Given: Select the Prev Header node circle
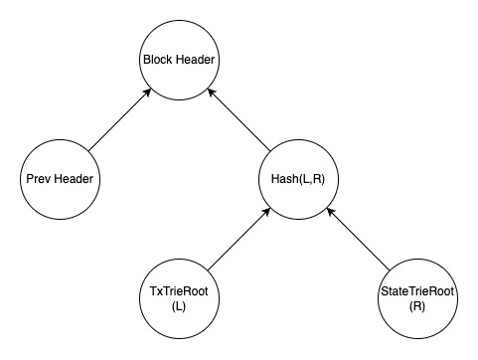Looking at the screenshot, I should [x=60, y=181].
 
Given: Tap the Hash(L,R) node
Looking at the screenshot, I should [x=298, y=181].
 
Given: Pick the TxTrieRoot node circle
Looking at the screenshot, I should [x=179, y=300].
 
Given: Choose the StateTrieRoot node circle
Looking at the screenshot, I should [x=417, y=300].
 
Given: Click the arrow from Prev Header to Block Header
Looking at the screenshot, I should [x=119, y=121].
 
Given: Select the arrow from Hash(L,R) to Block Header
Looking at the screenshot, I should [x=239, y=121].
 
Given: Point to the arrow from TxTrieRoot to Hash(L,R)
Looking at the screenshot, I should [x=239, y=241].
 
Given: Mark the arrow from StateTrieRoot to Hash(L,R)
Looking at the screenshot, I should [x=358, y=241].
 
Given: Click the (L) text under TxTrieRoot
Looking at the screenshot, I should [x=179, y=308].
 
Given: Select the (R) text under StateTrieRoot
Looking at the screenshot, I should [x=417, y=308].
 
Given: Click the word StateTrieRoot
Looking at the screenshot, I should [x=417, y=293].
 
